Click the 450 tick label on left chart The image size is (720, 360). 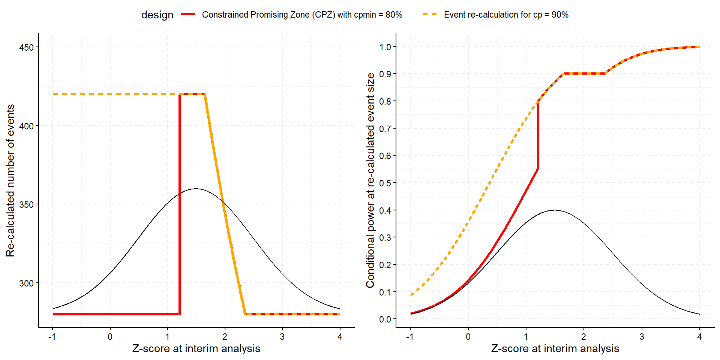click(x=26, y=48)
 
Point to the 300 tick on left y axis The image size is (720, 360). click(x=26, y=283)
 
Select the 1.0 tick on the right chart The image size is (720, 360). click(x=385, y=47)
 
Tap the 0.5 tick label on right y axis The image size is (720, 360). click(x=385, y=183)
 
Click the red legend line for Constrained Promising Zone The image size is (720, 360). click(x=188, y=14)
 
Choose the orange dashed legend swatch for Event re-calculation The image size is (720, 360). click(x=430, y=14)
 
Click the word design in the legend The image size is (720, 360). click(x=157, y=15)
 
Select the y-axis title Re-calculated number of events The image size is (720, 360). click(x=10, y=180)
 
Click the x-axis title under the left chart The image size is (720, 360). click(x=196, y=348)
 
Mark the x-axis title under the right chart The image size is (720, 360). click(x=555, y=348)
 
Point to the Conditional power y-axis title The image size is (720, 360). click(x=370, y=180)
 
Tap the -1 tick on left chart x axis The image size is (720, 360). click(x=52, y=336)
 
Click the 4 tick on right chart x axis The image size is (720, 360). click(x=699, y=336)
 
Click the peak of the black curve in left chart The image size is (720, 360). click(x=196, y=189)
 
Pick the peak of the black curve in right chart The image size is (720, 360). click(x=555, y=210)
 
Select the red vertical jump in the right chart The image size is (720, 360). click(x=538, y=135)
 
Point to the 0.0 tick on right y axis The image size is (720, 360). click(x=385, y=319)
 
